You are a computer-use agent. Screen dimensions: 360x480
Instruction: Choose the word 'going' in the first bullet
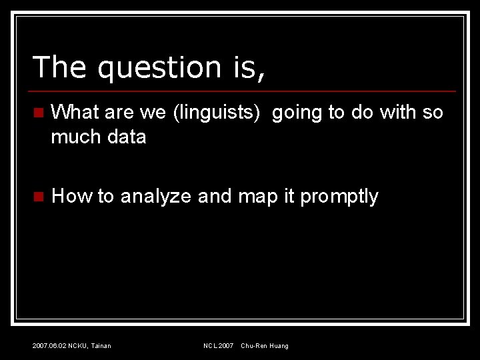297,113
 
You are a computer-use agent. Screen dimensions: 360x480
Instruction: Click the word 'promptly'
339,197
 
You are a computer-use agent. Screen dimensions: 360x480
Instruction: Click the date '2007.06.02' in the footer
49,345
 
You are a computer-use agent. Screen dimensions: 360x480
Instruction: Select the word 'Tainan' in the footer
101,345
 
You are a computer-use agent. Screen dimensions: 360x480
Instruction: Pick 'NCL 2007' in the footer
218,345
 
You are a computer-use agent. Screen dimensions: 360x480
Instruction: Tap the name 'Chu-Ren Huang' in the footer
265,345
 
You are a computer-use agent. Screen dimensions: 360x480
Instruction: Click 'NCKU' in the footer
78,345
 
